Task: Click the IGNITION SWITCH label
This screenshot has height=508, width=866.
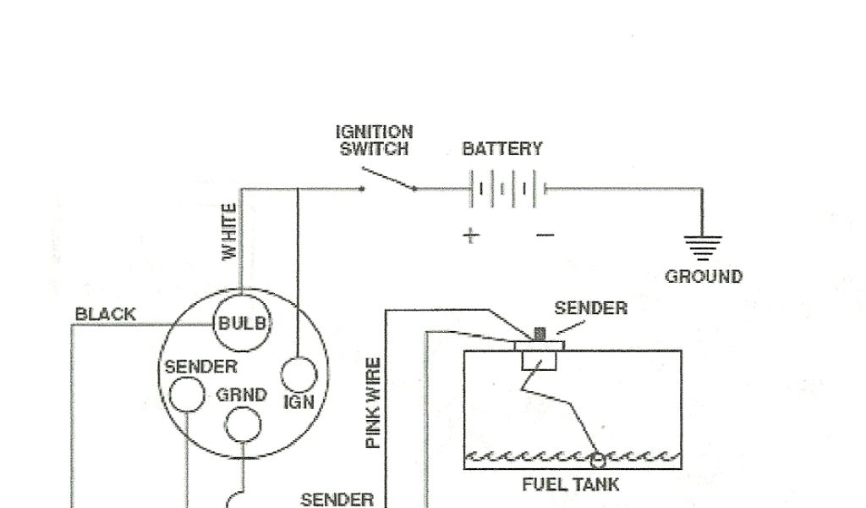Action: click(375, 141)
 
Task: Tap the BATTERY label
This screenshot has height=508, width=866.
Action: click(502, 150)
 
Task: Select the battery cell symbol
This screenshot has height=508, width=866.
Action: click(505, 188)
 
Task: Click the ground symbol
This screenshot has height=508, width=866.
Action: click(703, 246)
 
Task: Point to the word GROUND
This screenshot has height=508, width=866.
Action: click(704, 277)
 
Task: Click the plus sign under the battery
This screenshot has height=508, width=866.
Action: click(470, 235)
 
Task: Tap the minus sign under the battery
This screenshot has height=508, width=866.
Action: click(545, 235)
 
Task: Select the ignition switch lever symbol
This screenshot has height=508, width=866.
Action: click(388, 179)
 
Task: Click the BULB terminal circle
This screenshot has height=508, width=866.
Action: click(242, 323)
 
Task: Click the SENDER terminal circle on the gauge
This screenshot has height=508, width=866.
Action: click(187, 394)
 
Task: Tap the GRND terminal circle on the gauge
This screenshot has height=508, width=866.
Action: click(243, 422)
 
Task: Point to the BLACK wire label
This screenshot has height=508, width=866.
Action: click(105, 314)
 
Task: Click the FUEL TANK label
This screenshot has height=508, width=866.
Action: click(571, 485)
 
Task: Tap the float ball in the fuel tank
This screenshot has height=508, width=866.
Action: click(597, 460)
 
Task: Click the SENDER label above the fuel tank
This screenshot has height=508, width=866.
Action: click(590, 308)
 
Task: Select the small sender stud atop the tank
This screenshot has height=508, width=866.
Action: click(540, 333)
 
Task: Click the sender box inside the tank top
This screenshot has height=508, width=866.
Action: click(538, 361)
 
